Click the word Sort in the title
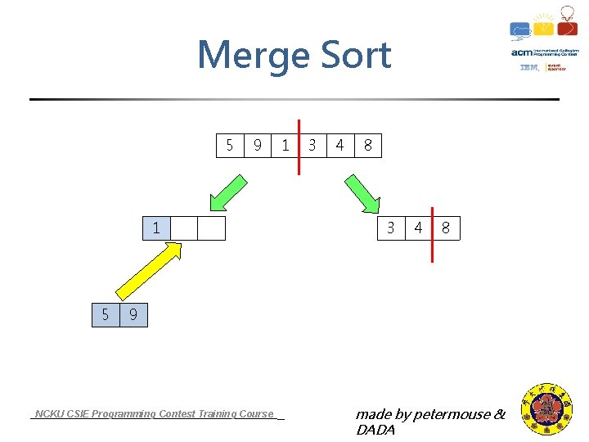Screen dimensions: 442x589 (352, 56)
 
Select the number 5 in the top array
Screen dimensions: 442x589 (230, 146)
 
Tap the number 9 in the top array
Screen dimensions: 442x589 (258, 146)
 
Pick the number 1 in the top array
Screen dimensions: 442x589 (285, 146)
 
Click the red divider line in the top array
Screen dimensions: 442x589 (299, 146)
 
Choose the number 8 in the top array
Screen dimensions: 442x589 (368, 146)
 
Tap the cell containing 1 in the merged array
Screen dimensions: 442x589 (156, 228)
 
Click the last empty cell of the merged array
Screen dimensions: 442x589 (211, 228)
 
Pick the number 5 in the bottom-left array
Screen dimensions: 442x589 (105, 313)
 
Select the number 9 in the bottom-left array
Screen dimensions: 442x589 (133, 313)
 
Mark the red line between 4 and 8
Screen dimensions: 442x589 (432, 234)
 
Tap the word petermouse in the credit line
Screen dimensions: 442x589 (452, 414)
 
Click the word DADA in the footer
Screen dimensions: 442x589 (375, 430)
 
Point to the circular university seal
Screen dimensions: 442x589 (548, 410)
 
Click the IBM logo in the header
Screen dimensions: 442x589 (529, 68)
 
